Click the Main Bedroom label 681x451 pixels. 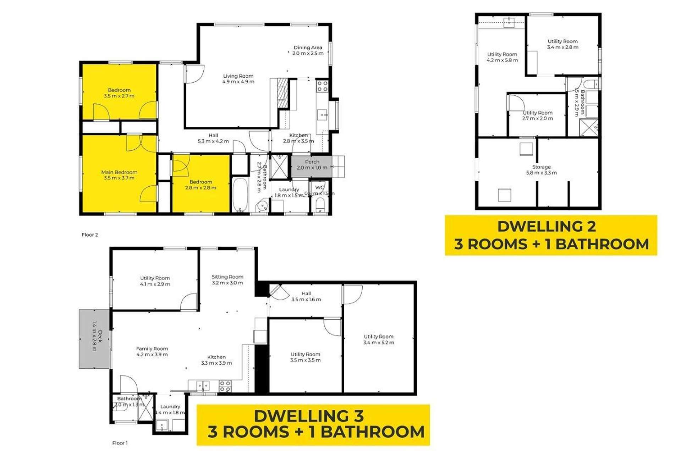[x=119, y=175]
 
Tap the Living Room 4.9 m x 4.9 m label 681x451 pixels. [x=238, y=78]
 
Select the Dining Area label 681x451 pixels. [x=308, y=50]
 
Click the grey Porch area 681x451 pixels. [x=312, y=166]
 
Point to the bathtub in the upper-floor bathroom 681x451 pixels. [x=240, y=195]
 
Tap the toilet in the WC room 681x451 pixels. [x=320, y=205]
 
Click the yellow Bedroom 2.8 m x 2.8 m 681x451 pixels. [x=201, y=185]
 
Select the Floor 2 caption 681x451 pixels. [x=90, y=235]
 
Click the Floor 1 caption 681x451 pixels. [x=120, y=443]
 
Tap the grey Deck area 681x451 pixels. [x=94, y=339]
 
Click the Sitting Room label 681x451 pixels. [x=227, y=280]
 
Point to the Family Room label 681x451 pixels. [x=152, y=351]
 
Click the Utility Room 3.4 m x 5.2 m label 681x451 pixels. [x=378, y=339]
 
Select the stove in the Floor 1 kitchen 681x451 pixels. [x=225, y=386]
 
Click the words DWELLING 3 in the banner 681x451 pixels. [x=308, y=416]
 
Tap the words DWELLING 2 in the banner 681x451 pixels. [x=547, y=226]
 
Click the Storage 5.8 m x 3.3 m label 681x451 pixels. [x=541, y=170]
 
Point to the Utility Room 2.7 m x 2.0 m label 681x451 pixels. [x=537, y=115]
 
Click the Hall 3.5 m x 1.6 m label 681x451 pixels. [x=306, y=296]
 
